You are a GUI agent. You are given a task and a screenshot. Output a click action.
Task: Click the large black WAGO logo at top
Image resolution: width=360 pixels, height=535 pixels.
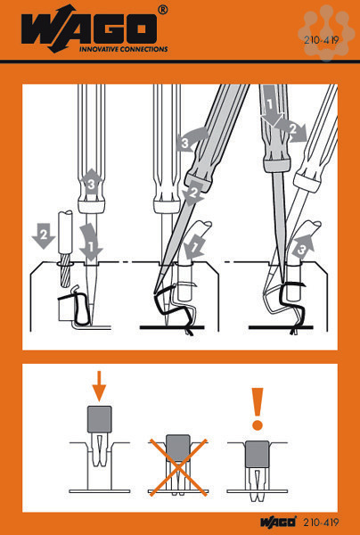(x=89, y=27)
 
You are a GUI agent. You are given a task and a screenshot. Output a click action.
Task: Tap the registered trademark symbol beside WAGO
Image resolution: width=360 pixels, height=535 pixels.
(x=163, y=10)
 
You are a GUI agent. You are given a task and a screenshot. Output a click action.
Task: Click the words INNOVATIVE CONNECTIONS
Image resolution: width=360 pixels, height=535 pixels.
(x=123, y=49)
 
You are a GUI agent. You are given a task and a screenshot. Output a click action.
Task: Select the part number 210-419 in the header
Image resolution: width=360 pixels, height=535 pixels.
(x=321, y=40)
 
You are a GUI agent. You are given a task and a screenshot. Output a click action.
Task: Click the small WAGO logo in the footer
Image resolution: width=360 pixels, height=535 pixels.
(x=278, y=523)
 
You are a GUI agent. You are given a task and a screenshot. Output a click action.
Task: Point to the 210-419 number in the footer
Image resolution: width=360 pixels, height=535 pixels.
(x=321, y=523)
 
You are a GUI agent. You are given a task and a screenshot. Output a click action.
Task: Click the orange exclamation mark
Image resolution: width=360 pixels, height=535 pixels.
(x=257, y=408)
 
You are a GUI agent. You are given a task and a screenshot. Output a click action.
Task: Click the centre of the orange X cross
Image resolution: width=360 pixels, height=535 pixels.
(x=178, y=467)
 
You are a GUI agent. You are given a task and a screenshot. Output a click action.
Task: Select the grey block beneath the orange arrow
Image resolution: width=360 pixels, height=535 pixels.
(x=100, y=419)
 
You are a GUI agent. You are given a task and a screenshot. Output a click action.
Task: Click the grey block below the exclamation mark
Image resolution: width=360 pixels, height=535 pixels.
(x=257, y=454)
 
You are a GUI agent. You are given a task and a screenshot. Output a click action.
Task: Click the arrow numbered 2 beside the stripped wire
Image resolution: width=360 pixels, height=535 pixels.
(x=44, y=235)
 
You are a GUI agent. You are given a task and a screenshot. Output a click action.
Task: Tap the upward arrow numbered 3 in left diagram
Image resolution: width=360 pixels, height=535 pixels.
(x=91, y=183)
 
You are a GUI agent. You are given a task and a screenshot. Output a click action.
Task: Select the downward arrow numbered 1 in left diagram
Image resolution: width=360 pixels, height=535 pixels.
(x=90, y=241)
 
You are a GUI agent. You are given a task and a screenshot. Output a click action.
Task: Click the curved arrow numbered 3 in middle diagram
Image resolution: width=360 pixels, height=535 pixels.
(x=190, y=138)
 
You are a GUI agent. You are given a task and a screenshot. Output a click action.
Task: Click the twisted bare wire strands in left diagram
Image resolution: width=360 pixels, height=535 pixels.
(x=65, y=275)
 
